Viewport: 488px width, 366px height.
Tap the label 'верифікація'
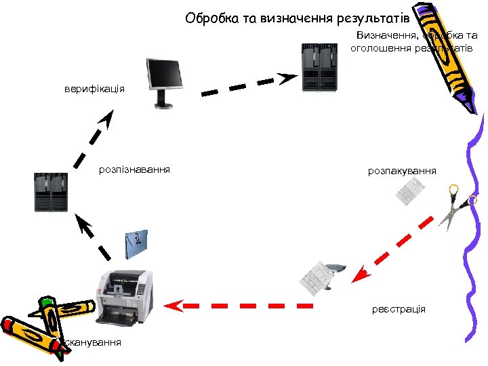(x=94, y=89)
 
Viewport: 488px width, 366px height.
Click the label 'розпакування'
(x=402, y=171)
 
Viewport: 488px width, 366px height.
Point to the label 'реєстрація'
(x=399, y=309)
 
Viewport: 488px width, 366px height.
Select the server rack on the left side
(x=53, y=193)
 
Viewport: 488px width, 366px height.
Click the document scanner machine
(x=125, y=298)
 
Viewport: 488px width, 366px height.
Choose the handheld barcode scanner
(x=334, y=271)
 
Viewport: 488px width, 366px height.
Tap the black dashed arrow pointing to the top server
(x=248, y=84)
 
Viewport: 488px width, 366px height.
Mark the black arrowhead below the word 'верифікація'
(x=106, y=121)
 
